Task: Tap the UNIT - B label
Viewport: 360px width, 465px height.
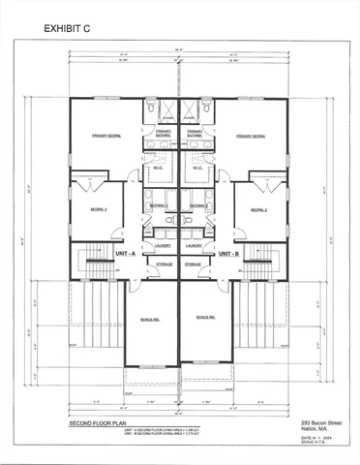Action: point(228,253)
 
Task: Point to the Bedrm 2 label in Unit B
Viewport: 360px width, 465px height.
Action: point(258,209)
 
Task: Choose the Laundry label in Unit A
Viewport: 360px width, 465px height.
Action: point(162,246)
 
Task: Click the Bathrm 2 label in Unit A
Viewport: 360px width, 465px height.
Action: point(159,205)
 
